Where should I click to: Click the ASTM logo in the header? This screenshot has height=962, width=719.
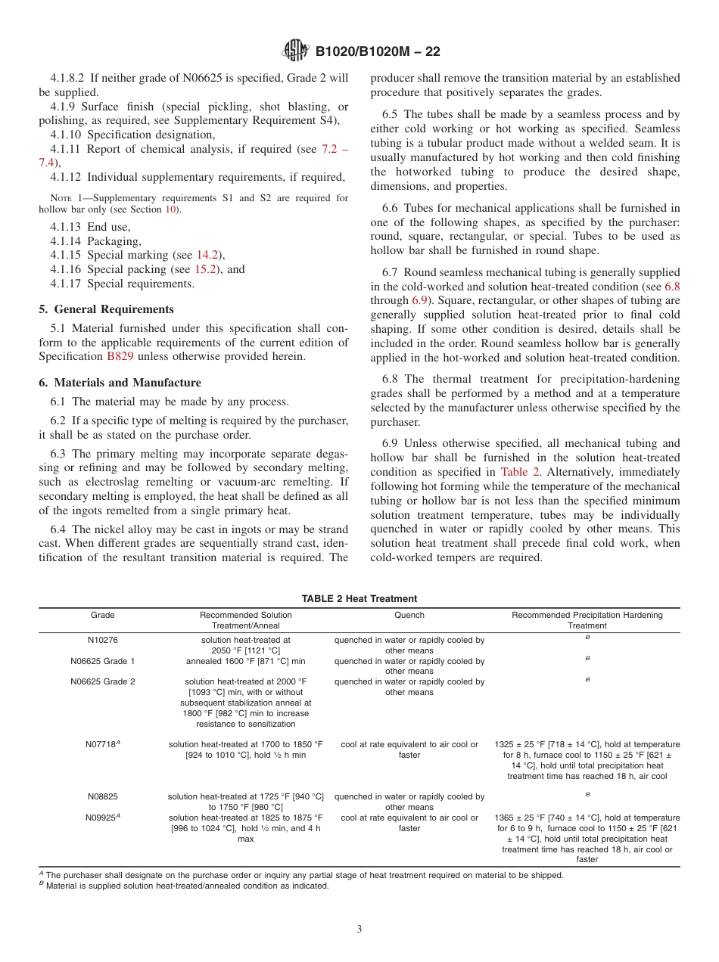(294, 51)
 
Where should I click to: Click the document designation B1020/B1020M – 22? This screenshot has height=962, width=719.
(377, 51)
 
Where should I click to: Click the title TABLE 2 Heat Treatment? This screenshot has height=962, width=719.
(359, 599)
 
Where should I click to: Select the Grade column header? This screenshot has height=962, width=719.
(103, 615)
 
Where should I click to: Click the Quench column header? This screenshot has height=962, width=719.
(409, 615)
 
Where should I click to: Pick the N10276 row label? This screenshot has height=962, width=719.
(103, 640)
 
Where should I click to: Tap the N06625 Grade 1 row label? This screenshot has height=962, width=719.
(103, 661)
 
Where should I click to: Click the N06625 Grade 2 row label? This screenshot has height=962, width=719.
(103, 681)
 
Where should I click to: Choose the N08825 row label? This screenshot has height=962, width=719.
(103, 796)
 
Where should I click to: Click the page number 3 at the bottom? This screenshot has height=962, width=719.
(359, 929)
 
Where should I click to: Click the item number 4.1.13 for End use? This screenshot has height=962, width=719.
(67, 227)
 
